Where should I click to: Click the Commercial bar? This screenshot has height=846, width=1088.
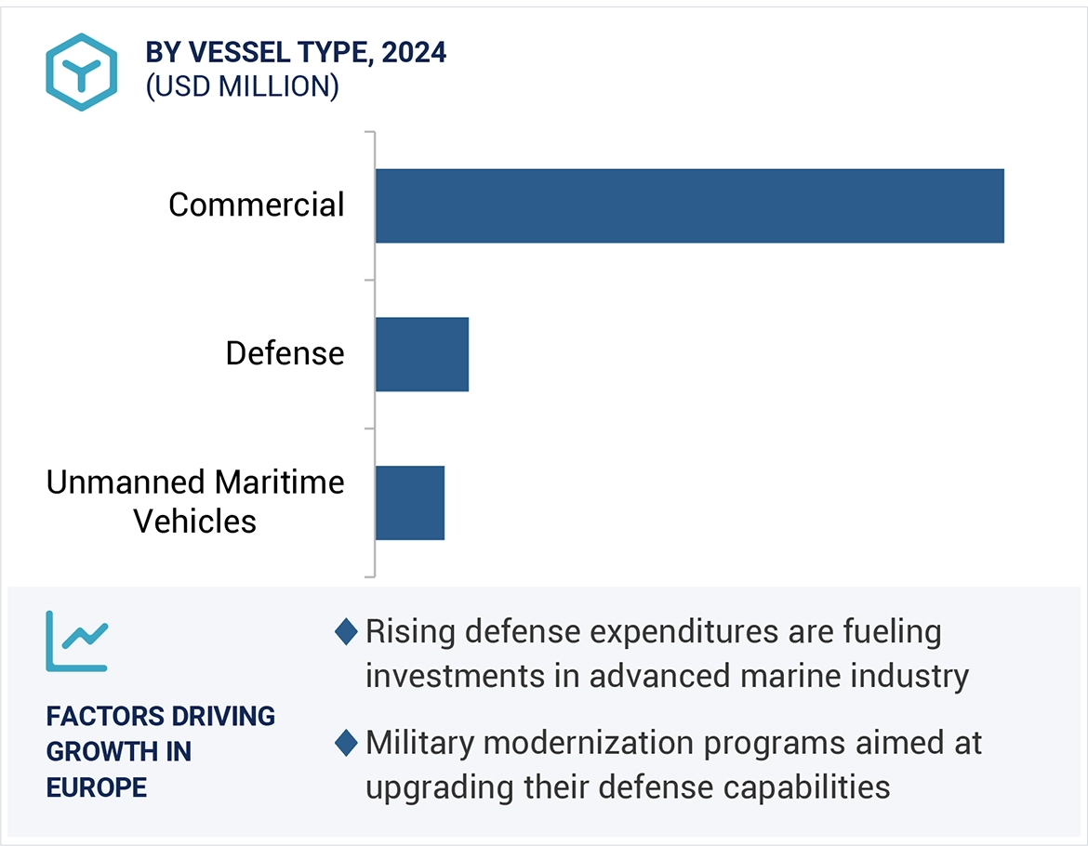click(689, 205)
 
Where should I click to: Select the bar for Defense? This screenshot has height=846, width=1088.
click(421, 354)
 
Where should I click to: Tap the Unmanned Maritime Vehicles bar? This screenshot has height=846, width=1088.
click(409, 503)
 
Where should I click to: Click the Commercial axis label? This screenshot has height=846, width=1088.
click(256, 205)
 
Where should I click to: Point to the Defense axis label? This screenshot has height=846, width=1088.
click(285, 353)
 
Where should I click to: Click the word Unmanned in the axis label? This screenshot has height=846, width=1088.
click(126, 482)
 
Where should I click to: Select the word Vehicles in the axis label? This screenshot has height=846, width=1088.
click(194, 521)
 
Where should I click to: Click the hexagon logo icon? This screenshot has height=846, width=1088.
click(82, 73)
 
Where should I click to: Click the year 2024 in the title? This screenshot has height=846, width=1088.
click(414, 53)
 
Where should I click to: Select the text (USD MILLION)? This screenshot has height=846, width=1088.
click(242, 86)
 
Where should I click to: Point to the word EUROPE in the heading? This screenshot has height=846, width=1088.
click(97, 787)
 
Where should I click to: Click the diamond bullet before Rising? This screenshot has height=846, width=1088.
click(346, 633)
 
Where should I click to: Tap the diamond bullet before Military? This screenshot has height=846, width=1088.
click(346, 744)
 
